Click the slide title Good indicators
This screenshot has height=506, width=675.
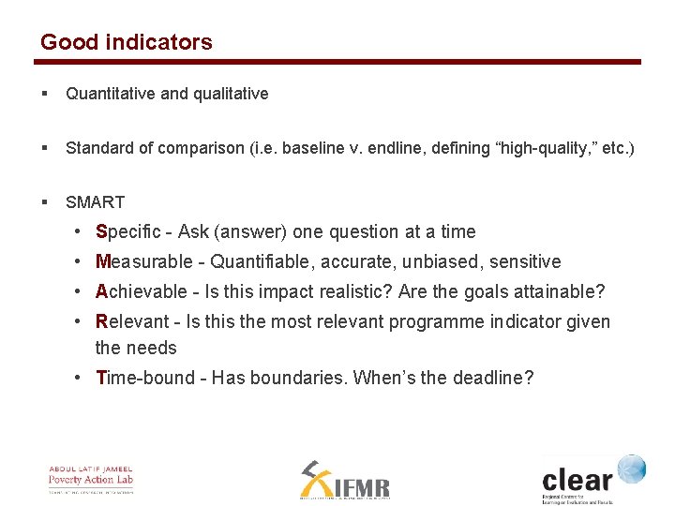[x=126, y=42]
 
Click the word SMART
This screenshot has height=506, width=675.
[x=95, y=202]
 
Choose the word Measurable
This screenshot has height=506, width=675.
[x=146, y=261]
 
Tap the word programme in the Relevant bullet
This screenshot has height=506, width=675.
[x=440, y=321]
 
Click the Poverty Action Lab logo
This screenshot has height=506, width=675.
[x=91, y=478]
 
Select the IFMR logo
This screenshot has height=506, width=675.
[x=344, y=480]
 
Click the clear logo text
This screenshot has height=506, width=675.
[x=577, y=480]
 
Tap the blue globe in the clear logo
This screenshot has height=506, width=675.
[x=631, y=469]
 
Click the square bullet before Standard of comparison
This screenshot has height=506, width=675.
[x=44, y=148]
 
